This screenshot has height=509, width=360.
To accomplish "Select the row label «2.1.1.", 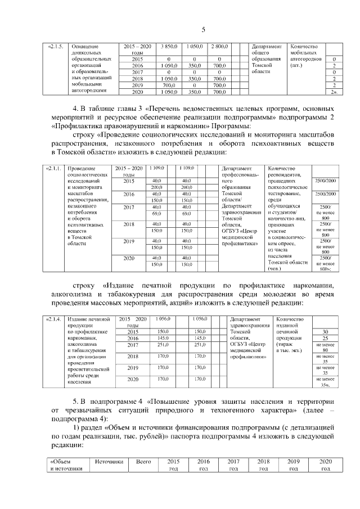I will click(x=54, y=168).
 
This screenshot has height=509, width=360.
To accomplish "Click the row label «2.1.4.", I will click(x=54, y=319).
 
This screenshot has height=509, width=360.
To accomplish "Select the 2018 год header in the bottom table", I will click(x=263, y=465).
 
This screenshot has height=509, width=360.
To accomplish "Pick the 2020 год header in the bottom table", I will click(x=326, y=465).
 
